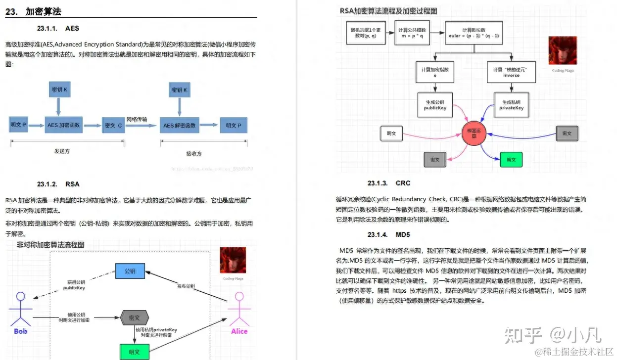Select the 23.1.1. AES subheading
58,28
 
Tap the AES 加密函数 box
64,125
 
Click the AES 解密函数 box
180,125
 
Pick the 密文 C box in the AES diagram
113,125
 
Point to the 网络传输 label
137,119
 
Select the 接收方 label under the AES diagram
194,153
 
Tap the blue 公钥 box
130,271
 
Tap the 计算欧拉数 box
474,34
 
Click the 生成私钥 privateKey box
511,104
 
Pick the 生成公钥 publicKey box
435,104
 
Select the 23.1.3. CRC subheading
389,183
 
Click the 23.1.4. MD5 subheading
388,234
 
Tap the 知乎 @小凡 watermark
553,335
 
